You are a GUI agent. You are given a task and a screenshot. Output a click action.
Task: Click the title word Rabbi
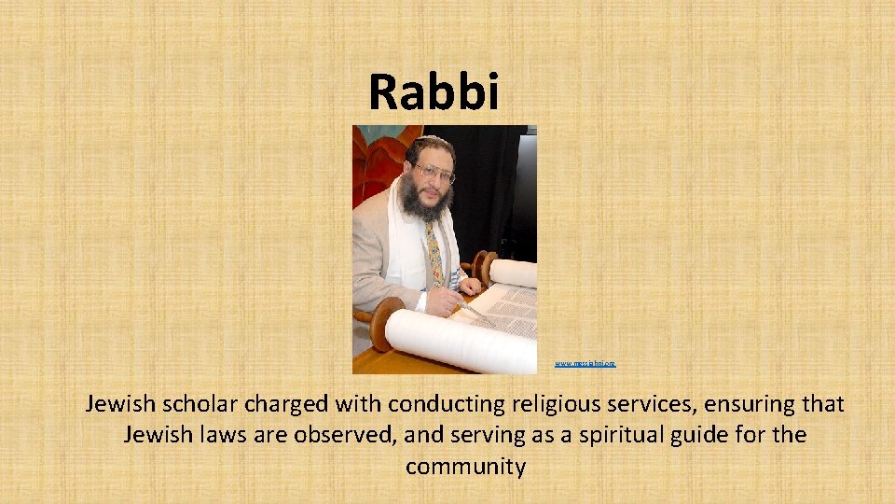(x=434, y=91)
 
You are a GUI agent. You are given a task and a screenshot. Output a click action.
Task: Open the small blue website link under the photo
(x=585, y=362)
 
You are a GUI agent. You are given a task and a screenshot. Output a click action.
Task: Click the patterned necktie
(x=434, y=252)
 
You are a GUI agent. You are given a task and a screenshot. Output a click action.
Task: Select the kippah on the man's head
(x=432, y=143)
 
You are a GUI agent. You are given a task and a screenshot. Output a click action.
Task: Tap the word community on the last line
(x=465, y=466)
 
